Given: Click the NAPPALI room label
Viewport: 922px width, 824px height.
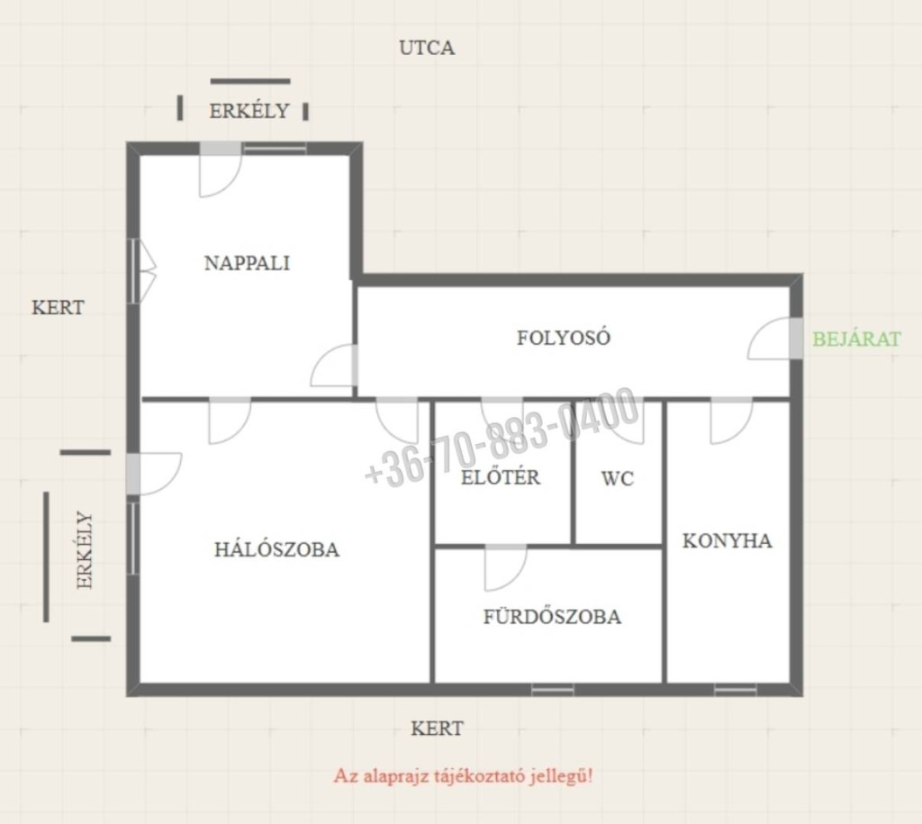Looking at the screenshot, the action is pos(247,262).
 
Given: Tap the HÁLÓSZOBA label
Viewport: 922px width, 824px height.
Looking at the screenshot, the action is pos(276,548).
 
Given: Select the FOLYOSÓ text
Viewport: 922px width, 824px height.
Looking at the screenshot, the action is pos(564,338).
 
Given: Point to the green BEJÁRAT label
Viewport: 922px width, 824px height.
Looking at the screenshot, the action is pos(856,339).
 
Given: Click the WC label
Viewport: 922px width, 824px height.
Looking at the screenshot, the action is pos(618,479).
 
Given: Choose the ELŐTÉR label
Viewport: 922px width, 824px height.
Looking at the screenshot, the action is pos(500,476).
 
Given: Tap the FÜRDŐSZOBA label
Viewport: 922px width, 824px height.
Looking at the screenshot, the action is pos(552,616).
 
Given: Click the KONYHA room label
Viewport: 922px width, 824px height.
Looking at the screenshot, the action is pos(727,540).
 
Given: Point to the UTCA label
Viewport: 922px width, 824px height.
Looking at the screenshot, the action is pos(427,48).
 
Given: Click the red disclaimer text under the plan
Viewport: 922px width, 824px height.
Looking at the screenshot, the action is pos(464,775).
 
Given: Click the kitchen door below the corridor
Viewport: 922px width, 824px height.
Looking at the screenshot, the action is pos(731,421).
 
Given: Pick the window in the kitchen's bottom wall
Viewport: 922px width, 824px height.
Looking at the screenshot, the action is pos(735,689).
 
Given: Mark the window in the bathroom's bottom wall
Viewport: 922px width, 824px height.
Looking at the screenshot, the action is pos(553,689).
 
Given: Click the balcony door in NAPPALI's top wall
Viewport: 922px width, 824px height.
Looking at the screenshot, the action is pos(221,169).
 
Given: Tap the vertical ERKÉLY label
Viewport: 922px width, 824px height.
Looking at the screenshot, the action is pos(85,550).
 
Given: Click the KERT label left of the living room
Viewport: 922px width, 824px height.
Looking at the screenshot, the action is pos(58,307).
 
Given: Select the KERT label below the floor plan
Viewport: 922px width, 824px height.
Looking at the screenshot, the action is pos(437,729).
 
